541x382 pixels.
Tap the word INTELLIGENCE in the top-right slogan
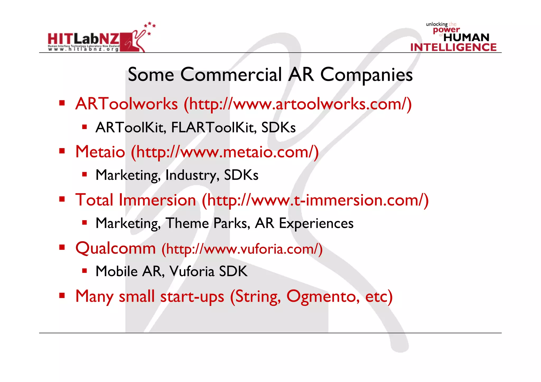453,48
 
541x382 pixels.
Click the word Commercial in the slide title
231,75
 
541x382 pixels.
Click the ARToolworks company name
127,104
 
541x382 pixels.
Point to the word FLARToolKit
214,128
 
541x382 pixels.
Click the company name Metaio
100,152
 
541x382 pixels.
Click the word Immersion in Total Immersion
157,200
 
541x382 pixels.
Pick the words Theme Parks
208,223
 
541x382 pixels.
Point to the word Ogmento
323,296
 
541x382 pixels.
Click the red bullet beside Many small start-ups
62,295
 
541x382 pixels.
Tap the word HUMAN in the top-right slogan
466,37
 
